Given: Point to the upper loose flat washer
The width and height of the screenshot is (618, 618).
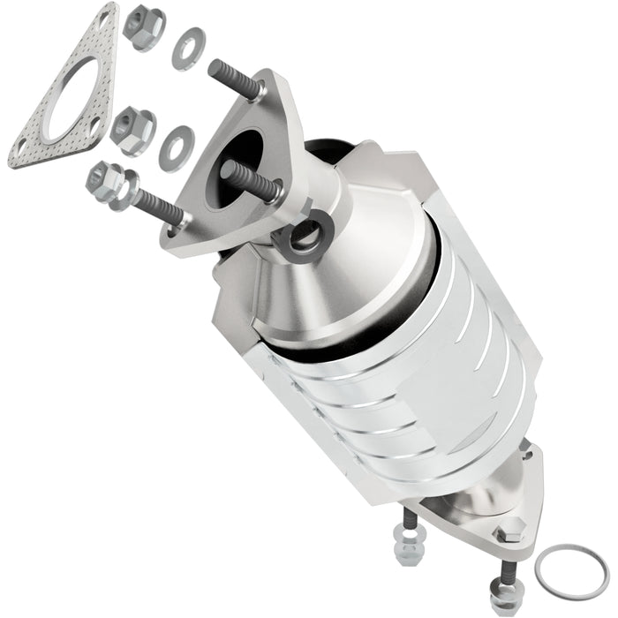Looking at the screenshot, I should click(x=187, y=49).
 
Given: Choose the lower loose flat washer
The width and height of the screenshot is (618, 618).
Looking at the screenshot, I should click(x=177, y=147).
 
